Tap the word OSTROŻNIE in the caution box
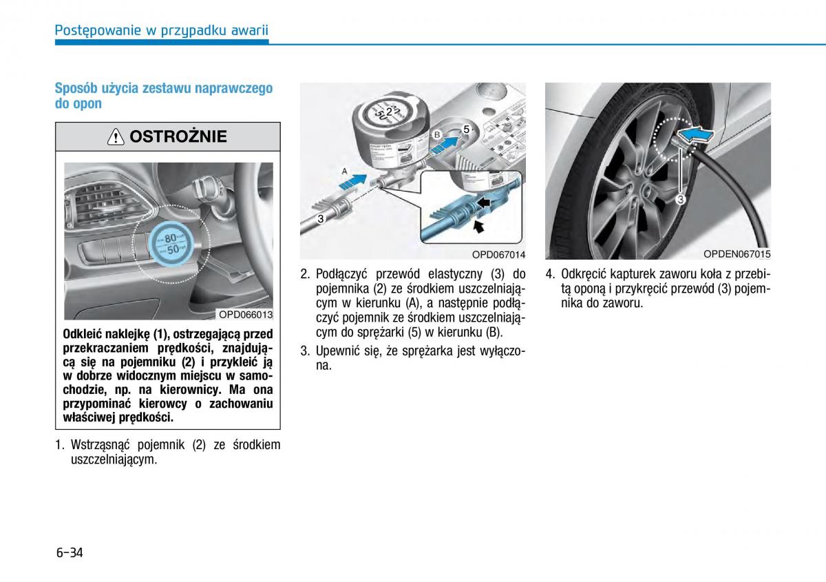[178, 137]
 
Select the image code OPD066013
[245, 315]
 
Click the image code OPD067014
[498, 253]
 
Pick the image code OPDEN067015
[737, 253]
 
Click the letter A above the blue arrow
[345, 169]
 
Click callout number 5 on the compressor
[466, 129]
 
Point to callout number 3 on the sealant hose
[321, 218]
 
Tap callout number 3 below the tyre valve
[679, 200]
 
